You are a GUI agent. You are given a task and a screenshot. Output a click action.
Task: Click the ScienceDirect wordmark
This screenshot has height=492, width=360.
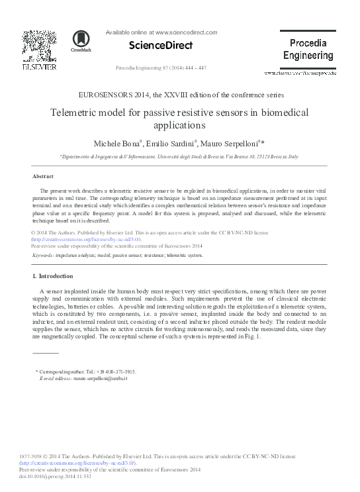[154, 46]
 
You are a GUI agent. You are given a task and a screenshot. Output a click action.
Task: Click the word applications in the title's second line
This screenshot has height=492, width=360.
[180, 124]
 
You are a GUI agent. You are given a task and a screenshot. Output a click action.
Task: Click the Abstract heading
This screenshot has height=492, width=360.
[43, 177]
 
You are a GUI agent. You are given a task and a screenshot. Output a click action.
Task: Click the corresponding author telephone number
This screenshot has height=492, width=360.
[112, 372]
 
